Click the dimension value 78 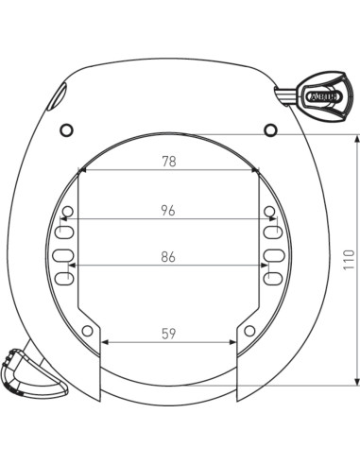(169, 162)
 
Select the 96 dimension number (169, 211)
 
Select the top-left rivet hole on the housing (66, 129)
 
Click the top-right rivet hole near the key (271, 129)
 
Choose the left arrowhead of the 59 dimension (105, 342)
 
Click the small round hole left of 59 (88, 330)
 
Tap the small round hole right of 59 (249, 330)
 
